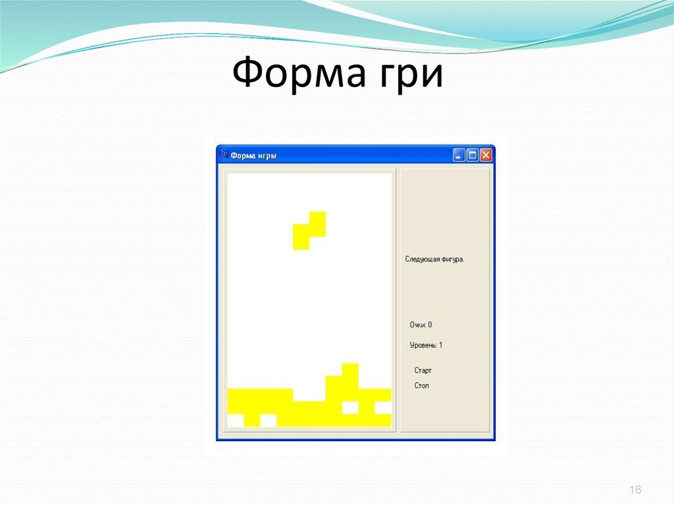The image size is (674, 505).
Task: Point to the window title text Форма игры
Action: [254, 156]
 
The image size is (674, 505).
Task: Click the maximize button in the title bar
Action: [473, 155]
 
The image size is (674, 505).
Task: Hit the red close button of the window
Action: [486, 155]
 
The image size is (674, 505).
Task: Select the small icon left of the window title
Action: [223, 155]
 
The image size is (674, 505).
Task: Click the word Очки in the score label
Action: [417, 325]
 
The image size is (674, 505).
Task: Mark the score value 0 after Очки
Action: [430, 325]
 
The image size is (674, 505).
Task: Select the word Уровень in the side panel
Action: [423, 345]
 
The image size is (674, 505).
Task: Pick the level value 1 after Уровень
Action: [440, 345]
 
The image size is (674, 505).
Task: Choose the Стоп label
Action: [421, 385]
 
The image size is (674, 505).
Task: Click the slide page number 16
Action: [635, 490]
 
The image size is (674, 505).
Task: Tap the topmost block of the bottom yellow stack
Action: [350, 369]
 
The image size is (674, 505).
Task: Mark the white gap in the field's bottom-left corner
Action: [235, 420]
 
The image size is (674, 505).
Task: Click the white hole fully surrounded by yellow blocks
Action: [350, 408]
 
